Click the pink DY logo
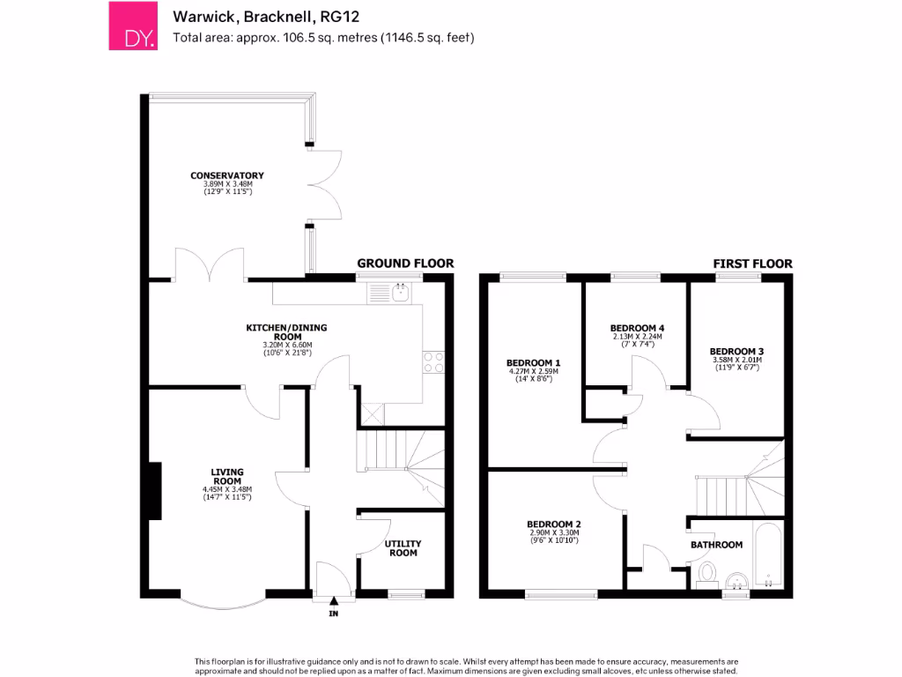(x=131, y=26)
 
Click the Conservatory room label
(x=227, y=175)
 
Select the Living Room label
(x=227, y=476)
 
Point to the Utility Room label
(x=403, y=548)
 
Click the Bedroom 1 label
(x=534, y=363)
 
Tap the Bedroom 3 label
(x=736, y=350)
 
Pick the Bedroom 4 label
(x=638, y=328)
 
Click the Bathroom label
(x=716, y=545)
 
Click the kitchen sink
(x=401, y=292)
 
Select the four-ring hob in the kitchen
(x=434, y=362)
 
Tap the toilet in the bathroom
(x=706, y=575)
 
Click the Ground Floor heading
(x=405, y=263)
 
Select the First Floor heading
(x=751, y=263)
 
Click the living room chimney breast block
(x=154, y=491)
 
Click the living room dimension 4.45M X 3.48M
(x=227, y=489)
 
